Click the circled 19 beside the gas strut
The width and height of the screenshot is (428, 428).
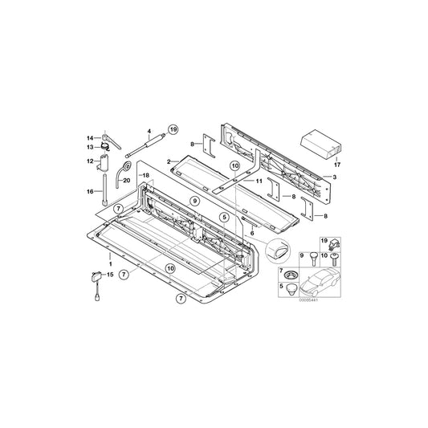click(171, 128)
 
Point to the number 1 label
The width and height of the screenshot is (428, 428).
click(110, 263)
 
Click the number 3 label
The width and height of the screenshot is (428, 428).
click(334, 176)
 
